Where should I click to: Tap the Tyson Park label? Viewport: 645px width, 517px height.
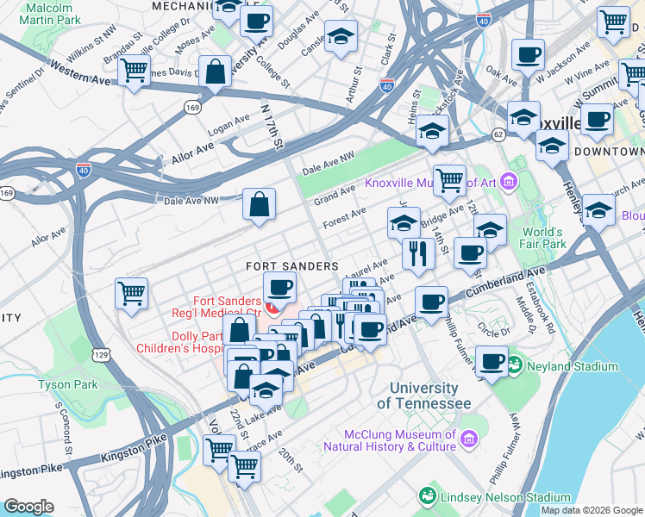[x=68, y=384]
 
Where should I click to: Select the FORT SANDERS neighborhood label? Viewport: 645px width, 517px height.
[x=291, y=267]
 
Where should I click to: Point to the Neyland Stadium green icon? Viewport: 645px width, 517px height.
[x=516, y=366]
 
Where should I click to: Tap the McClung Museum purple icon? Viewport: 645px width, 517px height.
[x=469, y=440]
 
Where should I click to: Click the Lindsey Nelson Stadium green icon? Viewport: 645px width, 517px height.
[x=426, y=497]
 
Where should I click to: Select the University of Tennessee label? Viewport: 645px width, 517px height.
[x=429, y=396]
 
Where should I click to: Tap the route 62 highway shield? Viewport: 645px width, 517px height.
[x=498, y=134]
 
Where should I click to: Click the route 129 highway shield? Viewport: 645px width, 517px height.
[x=102, y=354]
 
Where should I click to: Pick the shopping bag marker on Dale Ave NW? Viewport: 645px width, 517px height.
[x=259, y=205]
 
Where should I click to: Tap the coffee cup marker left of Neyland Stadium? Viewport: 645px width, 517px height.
[x=492, y=362]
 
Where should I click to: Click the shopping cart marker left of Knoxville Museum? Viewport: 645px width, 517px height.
[x=448, y=181]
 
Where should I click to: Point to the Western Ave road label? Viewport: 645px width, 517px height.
[x=80, y=72]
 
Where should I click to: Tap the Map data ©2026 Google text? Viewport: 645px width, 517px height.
[x=592, y=510]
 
